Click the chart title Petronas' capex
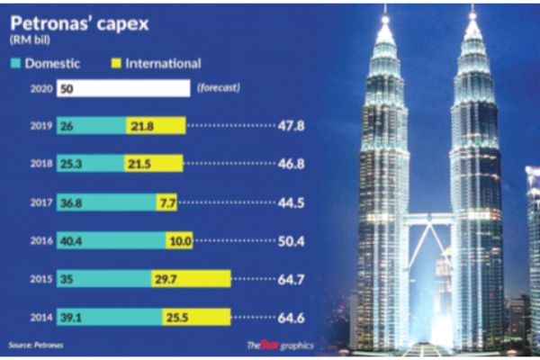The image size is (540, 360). [x=72, y=22]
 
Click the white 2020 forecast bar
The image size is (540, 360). [x=122, y=88]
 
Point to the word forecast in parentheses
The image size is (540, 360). [x=220, y=88]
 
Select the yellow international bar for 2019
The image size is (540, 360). [x=157, y=125]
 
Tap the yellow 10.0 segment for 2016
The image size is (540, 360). [x=178, y=240]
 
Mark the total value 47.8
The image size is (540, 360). [x=290, y=125]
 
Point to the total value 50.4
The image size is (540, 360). [x=292, y=240]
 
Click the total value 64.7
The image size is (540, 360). [x=290, y=279]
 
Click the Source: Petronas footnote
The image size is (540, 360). [x=37, y=346]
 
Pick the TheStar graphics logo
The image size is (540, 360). [x=275, y=346]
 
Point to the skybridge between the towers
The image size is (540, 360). [x=428, y=218]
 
